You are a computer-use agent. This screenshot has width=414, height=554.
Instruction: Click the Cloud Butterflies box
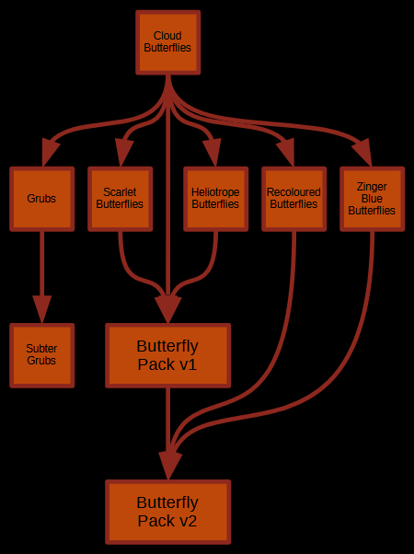click(x=168, y=42)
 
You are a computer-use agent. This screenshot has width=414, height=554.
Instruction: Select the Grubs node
click(x=42, y=199)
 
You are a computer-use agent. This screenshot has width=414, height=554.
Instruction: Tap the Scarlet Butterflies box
click(x=121, y=199)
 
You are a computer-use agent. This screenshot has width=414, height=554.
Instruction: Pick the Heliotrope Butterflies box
click(x=216, y=199)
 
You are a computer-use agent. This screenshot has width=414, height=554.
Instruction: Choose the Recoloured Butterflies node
click(x=293, y=199)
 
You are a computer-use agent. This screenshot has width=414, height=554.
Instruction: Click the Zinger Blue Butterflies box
click(x=372, y=199)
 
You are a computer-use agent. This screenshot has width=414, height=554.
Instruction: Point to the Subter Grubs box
click(x=42, y=355)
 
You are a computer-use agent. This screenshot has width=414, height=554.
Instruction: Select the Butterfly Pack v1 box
click(x=168, y=355)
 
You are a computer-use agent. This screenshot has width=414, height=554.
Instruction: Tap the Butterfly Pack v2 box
click(x=168, y=512)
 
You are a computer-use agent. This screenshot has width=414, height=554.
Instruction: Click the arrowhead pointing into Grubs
click(x=49, y=152)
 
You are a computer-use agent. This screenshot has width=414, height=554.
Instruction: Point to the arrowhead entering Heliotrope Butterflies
click(x=213, y=152)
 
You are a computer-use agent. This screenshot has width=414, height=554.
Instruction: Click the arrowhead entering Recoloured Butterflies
click(x=288, y=152)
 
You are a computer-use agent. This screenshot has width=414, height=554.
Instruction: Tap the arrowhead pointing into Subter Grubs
click(x=42, y=309)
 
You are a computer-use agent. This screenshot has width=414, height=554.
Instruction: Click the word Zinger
click(x=372, y=186)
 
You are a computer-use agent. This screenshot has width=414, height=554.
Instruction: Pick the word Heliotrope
click(x=215, y=192)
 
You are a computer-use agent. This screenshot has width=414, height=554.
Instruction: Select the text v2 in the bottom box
click(x=187, y=521)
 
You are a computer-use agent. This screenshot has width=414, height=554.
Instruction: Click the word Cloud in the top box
click(x=167, y=36)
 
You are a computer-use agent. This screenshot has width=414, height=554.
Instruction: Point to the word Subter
click(x=41, y=349)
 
